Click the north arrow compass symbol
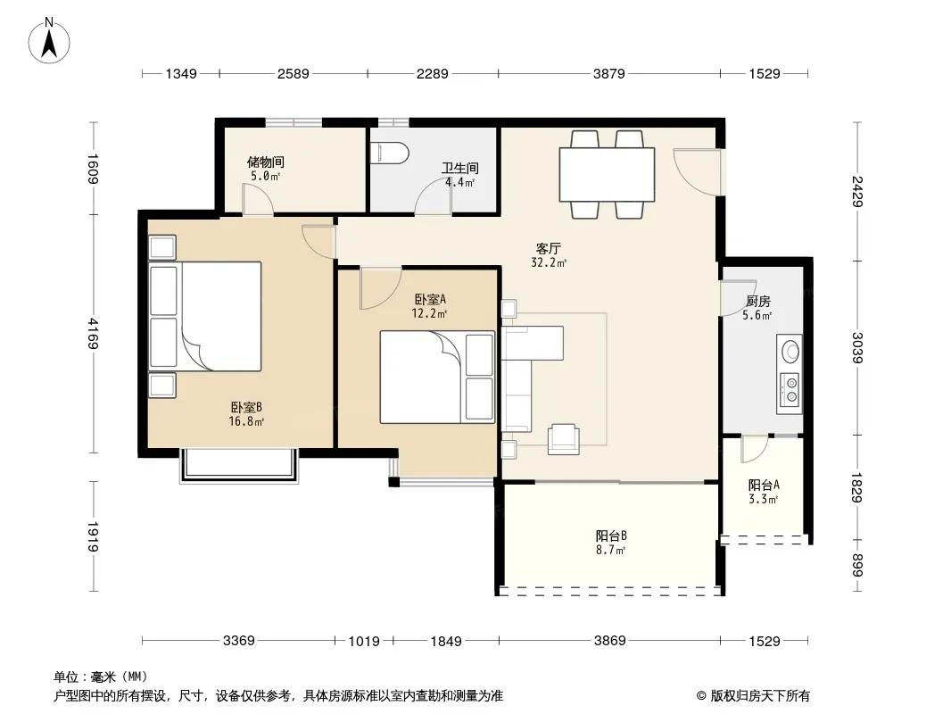coord(49,40)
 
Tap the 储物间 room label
coord(266,162)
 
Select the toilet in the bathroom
coord(390,153)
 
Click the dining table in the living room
coord(607,174)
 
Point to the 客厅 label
coord(549,249)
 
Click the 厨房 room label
coord(758,302)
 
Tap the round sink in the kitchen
coord(791,351)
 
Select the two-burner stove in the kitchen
coord(791,389)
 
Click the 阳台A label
coord(764,486)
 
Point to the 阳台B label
coord(611,536)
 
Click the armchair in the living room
coord(564,439)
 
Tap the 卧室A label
coord(430,299)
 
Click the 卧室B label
coord(246,407)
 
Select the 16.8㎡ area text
coord(246,421)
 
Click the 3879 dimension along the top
coord(609,73)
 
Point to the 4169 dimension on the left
coord(93,334)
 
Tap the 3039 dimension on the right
coord(857,347)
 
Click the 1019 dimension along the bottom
coord(364,641)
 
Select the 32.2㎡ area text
coord(549,263)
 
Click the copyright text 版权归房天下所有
coord(760,696)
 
